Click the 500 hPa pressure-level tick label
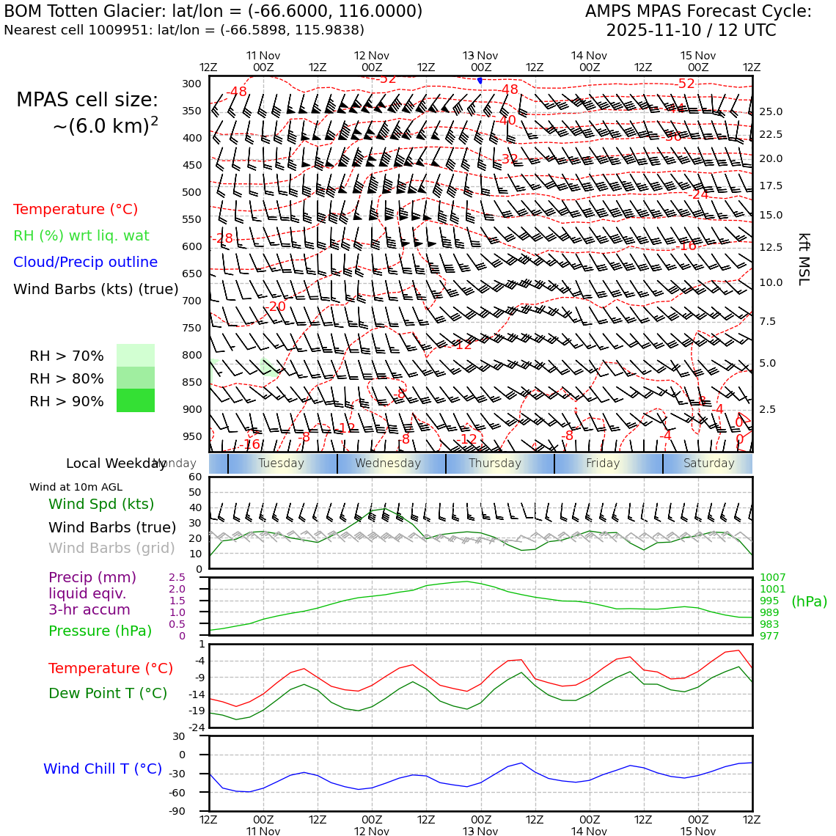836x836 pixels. coord(191,192)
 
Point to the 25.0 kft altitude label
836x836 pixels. coord(770,112)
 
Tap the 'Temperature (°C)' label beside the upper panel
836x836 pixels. coord(76,209)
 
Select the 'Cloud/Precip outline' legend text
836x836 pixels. coord(85,262)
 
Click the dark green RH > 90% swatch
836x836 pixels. coord(136,400)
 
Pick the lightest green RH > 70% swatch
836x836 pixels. coord(136,355)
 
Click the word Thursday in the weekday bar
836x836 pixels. coord(495,463)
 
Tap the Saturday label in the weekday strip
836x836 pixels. coord(708,463)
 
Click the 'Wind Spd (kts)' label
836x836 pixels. coord(101,504)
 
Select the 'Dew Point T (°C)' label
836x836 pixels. coord(108,693)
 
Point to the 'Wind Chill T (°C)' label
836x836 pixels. coord(103,769)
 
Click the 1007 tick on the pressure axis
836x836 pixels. coord(772,578)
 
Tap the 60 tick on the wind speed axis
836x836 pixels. coord(195,477)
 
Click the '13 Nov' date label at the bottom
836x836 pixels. coord(480,831)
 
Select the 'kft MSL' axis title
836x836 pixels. coord(804,260)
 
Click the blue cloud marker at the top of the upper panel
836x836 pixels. coord(480,80)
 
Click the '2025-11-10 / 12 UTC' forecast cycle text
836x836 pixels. coord(691,31)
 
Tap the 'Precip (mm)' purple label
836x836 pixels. coord(82,577)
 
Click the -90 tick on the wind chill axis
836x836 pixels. coord(192,811)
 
